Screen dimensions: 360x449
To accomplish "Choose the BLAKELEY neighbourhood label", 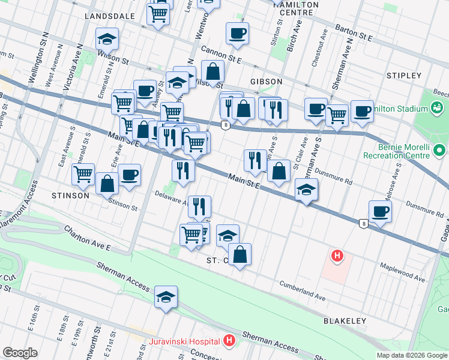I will [x=345, y=321].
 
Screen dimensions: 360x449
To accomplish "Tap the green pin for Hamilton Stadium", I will [x=438, y=109].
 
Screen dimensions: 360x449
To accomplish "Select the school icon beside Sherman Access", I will [x=166, y=296].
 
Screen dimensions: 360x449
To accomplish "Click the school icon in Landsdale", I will [x=107, y=39].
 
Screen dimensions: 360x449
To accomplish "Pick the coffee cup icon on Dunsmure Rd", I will [x=380, y=211].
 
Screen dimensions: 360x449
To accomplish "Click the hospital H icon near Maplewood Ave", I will [x=337, y=256].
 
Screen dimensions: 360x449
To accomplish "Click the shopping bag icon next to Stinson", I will [x=107, y=183].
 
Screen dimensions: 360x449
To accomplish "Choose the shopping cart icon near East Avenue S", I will [x=83, y=173].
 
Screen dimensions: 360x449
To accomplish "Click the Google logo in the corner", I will [x=20, y=352].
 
